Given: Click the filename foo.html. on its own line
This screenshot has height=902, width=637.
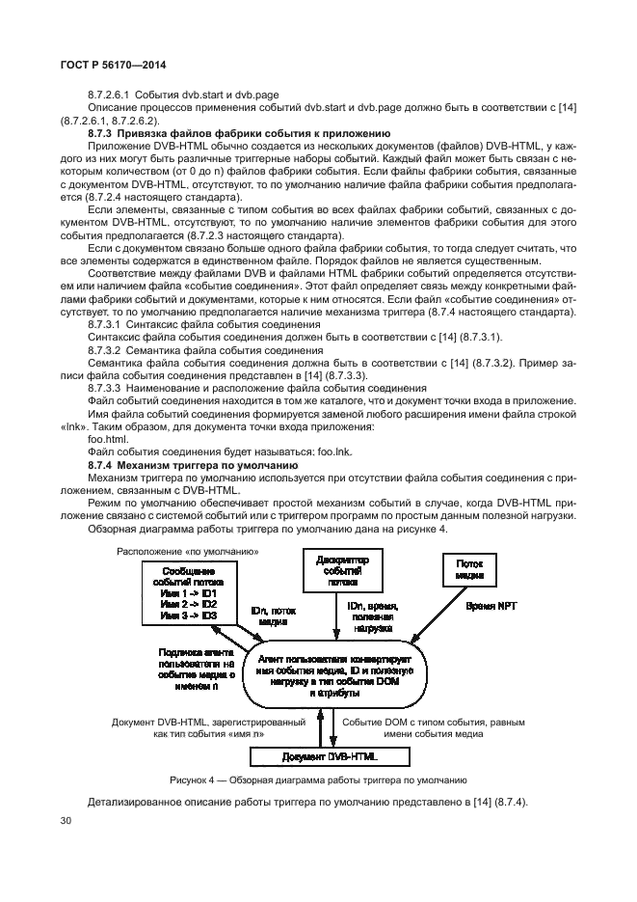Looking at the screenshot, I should [x=107, y=438].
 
